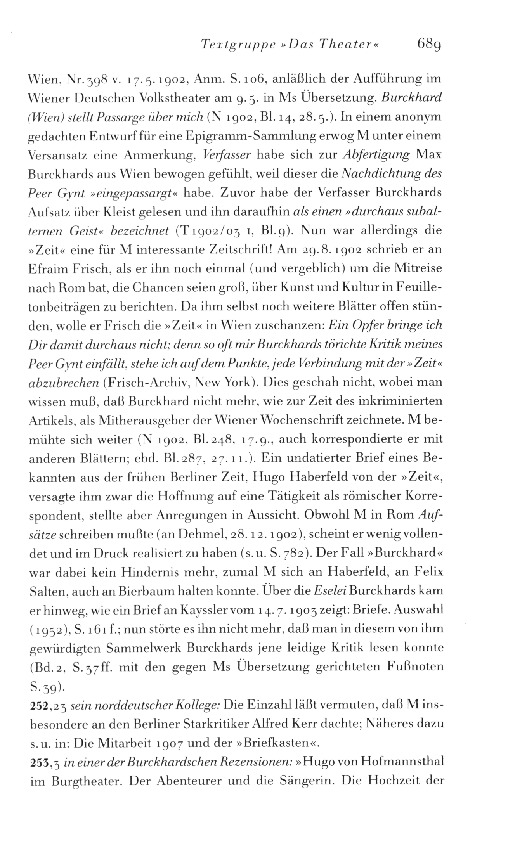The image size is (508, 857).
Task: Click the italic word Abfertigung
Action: click(376, 155)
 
